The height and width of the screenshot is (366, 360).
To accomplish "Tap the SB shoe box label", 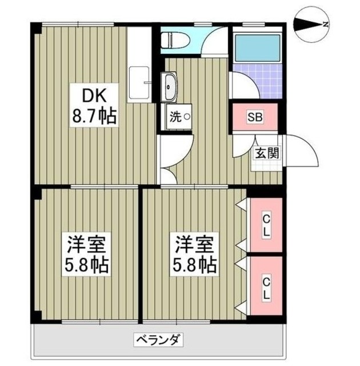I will coord(254,117).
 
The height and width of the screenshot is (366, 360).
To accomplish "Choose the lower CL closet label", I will coord(266,284).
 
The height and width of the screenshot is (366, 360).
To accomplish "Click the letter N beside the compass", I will coord(325,25).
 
